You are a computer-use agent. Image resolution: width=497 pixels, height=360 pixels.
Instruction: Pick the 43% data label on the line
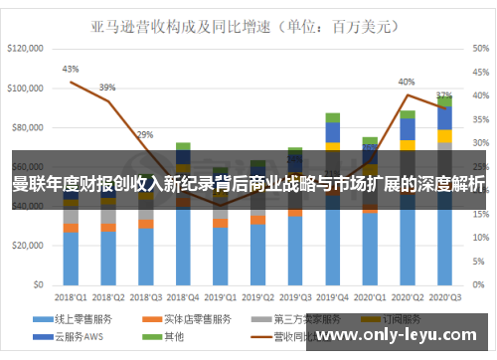pos(71,69)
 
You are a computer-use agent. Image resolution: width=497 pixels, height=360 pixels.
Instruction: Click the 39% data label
pos(107,87)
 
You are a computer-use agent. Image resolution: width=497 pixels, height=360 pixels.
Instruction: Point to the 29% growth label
pos(145,134)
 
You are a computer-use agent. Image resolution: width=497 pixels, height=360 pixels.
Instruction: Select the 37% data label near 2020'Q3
pos(444,96)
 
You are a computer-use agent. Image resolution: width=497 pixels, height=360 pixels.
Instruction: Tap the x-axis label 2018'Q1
pos(70,295)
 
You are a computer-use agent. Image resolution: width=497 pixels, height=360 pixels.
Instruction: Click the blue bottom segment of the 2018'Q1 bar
pos(71,259)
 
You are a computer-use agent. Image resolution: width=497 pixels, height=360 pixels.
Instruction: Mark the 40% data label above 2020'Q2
pos(407,82)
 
